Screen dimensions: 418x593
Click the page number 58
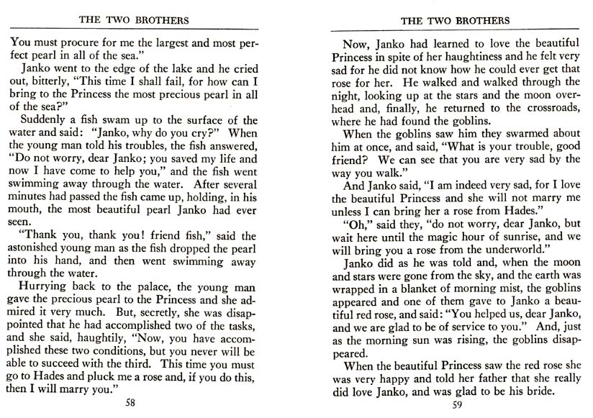(130, 402)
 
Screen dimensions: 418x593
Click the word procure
(71, 41)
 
